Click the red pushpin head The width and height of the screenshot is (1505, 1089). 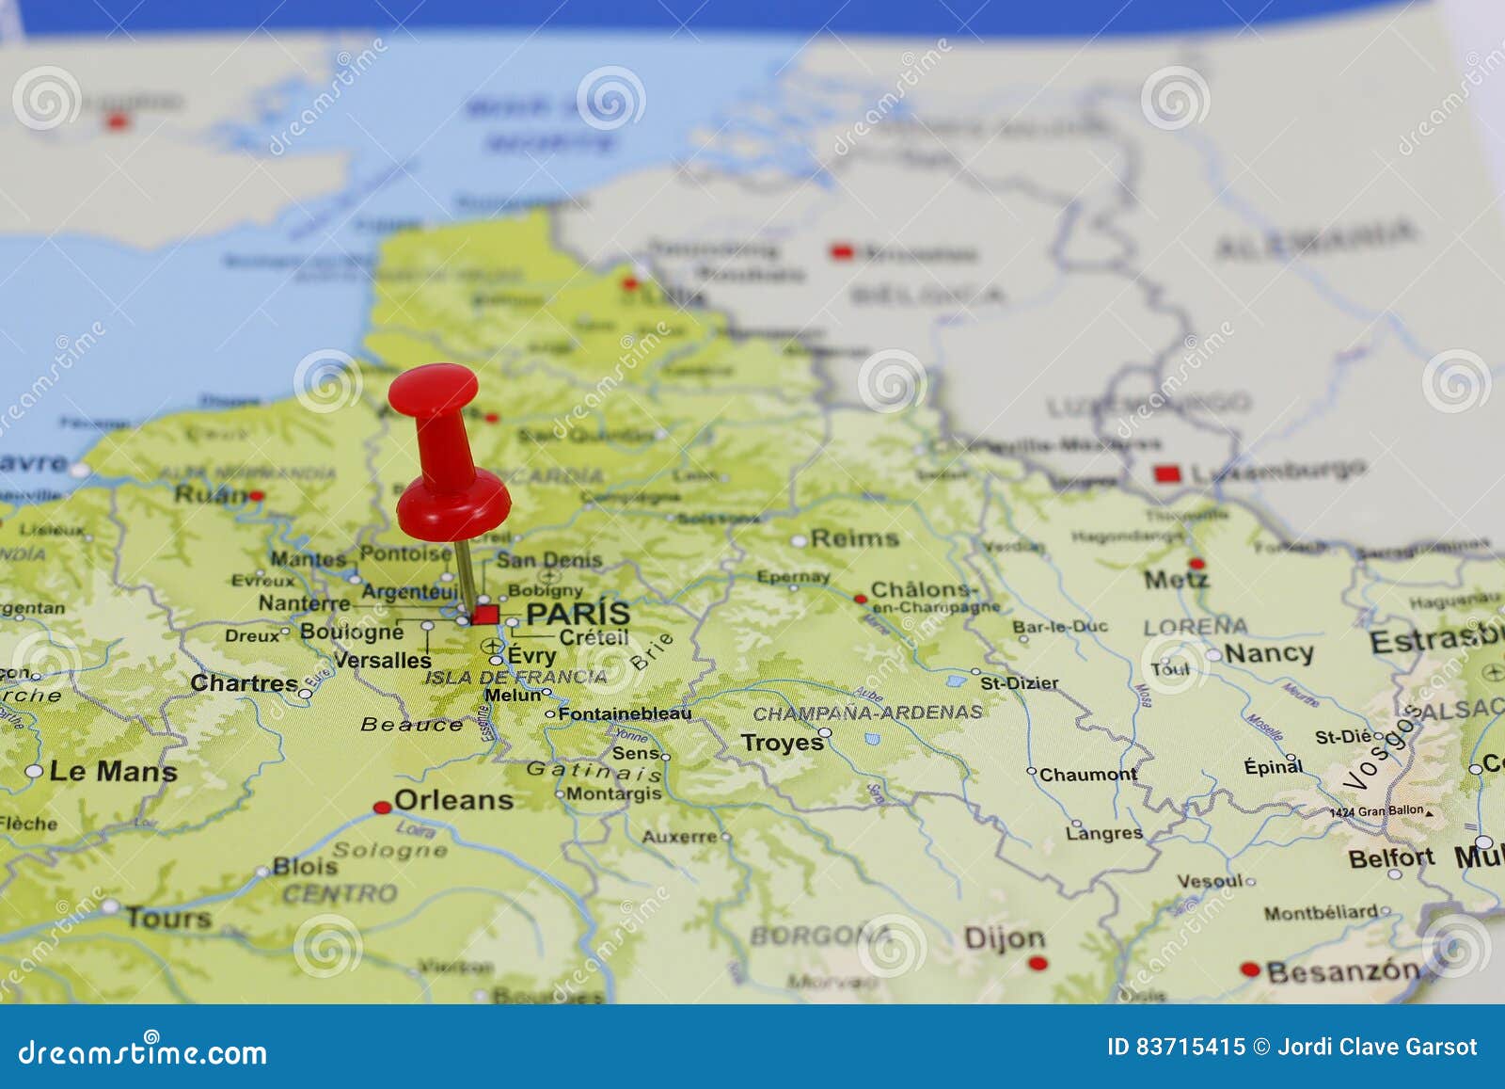pyautogui.click(x=434, y=390)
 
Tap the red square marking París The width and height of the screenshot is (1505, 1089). pyautogui.click(x=485, y=615)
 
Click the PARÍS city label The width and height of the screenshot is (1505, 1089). pyautogui.click(x=578, y=613)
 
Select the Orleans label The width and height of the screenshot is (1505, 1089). pyautogui.click(x=453, y=800)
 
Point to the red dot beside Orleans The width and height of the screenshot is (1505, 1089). pyautogui.click(x=382, y=808)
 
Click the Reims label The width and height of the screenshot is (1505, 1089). pyautogui.click(x=854, y=538)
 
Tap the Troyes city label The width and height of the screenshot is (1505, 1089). pyautogui.click(x=782, y=743)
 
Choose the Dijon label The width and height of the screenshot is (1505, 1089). pyautogui.click(x=1004, y=937)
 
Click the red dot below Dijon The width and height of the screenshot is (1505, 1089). pyautogui.click(x=1038, y=963)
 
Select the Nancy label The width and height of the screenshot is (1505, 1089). pyautogui.click(x=1268, y=652)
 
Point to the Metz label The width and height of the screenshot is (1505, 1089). pyautogui.click(x=1175, y=580)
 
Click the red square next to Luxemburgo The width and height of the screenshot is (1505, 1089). pyautogui.click(x=1167, y=474)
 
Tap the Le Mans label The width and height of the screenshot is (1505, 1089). pyautogui.click(x=113, y=772)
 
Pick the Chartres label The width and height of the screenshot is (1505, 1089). pyautogui.click(x=244, y=682)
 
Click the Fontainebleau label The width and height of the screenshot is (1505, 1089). pyautogui.click(x=625, y=713)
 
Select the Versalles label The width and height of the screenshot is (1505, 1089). pyautogui.click(x=382, y=660)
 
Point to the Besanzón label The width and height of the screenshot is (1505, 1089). pyautogui.click(x=1342, y=970)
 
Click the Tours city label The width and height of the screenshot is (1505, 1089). pyautogui.click(x=168, y=917)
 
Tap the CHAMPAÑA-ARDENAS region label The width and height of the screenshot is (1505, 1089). pyautogui.click(x=867, y=713)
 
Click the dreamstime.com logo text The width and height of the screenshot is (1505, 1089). pyautogui.click(x=143, y=1052)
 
